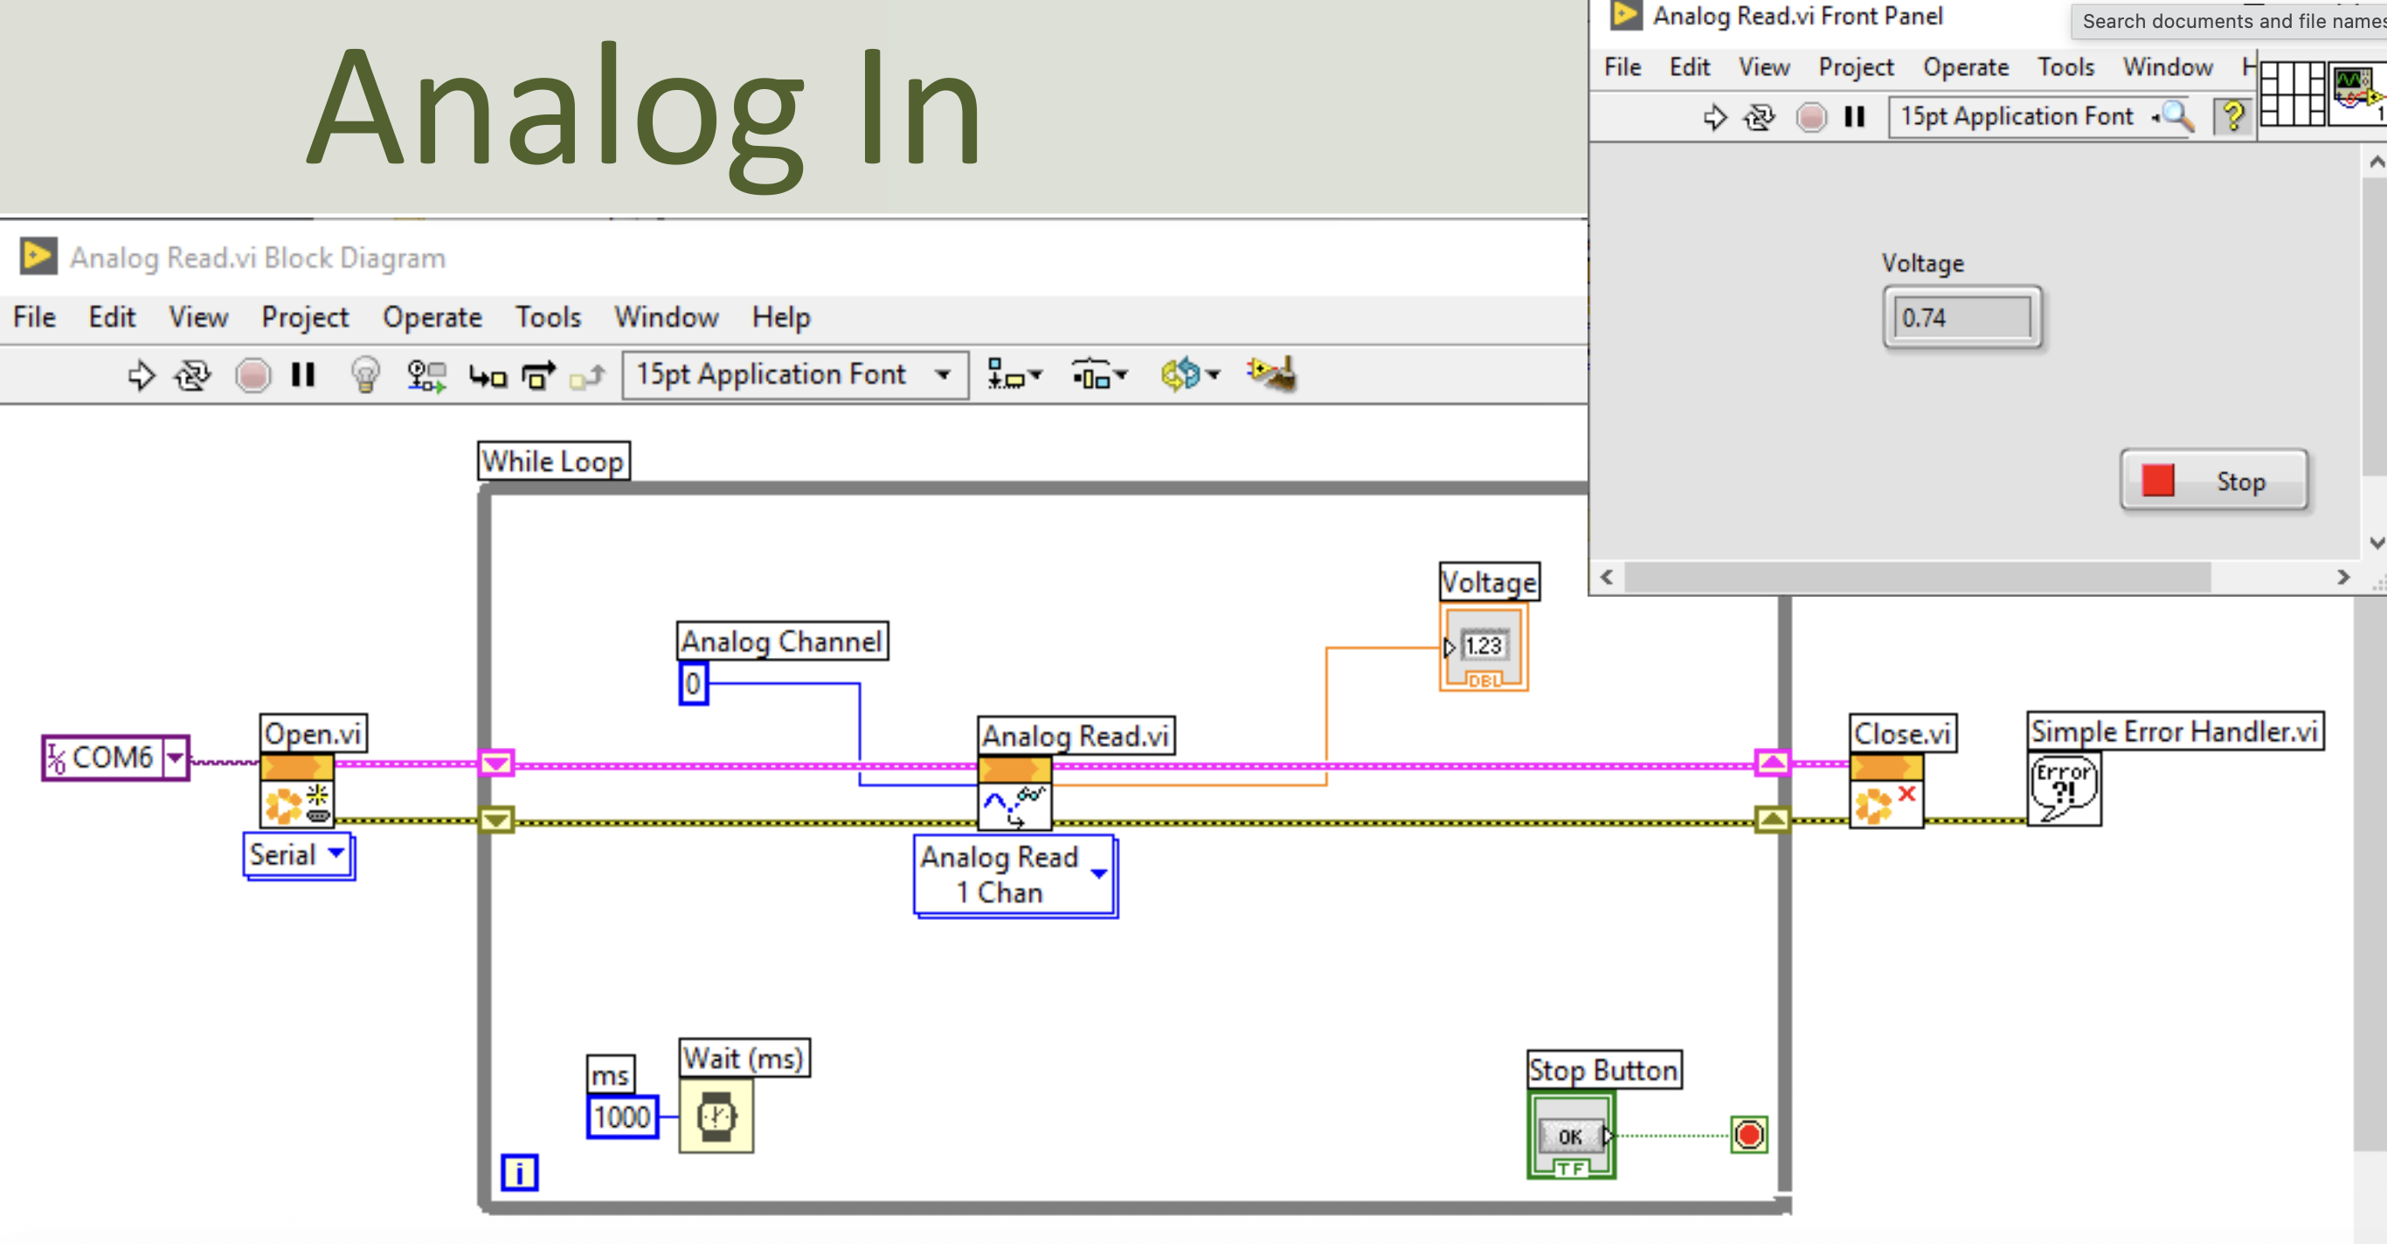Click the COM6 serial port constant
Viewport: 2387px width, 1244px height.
(116, 757)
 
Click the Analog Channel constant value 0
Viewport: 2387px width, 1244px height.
(693, 684)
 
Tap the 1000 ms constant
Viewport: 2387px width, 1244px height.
(623, 1116)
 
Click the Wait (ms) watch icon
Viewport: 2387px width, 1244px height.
(716, 1116)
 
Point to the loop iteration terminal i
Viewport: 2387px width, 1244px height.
(519, 1172)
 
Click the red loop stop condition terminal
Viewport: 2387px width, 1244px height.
(1748, 1135)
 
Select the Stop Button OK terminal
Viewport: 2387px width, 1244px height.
(1572, 1136)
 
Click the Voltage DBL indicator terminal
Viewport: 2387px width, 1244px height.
(1484, 647)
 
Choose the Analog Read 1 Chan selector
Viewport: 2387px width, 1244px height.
(1015, 875)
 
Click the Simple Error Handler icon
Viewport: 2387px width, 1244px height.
(2064, 788)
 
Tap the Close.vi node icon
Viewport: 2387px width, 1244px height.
(1886, 791)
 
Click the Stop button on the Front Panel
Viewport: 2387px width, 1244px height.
(2214, 480)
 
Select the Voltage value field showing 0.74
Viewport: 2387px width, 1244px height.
(1961, 318)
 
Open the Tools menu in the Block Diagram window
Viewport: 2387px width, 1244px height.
(548, 317)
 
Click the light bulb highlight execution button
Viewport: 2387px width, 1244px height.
(365, 375)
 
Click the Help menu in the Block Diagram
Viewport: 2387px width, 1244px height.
(781, 317)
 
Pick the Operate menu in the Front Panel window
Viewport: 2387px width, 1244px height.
(1965, 66)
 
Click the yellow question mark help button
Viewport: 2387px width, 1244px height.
(2233, 117)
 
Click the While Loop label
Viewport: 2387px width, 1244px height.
(554, 461)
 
